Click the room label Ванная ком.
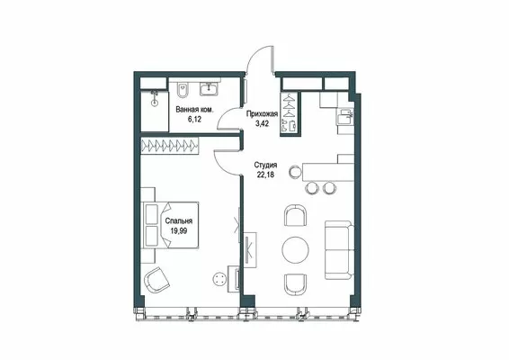click(194, 110)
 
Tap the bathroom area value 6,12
click(194, 119)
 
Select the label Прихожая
click(262, 114)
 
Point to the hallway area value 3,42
click(262, 123)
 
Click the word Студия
click(265, 165)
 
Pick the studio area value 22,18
click(265, 175)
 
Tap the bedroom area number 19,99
click(179, 230)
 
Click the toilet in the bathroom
click(183, 90)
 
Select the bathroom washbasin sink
click(209, 88)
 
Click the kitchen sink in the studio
click(344, 116)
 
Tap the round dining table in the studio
click(295, 249)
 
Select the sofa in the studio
click(339, 250)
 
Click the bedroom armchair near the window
click(156, 279)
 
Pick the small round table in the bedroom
click(219, 279)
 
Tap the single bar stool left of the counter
click(296, 172)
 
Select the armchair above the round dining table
click(295, 215)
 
